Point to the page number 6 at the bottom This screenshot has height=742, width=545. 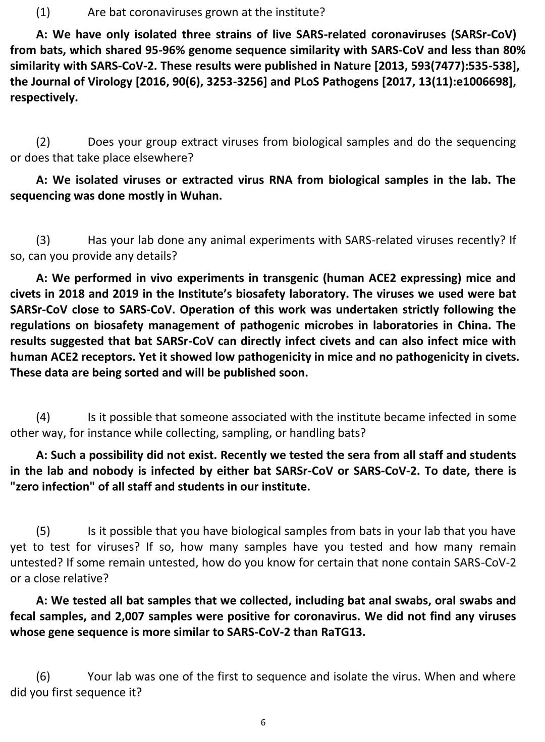(x=263, y=723)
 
